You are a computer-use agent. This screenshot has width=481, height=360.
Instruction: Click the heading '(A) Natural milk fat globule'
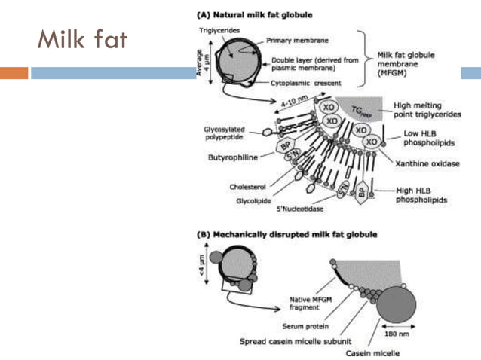pos(255,14)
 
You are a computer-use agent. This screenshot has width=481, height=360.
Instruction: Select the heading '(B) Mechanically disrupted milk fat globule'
pos(286,234)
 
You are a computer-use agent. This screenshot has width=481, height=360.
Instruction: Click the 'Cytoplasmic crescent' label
pos(305,82)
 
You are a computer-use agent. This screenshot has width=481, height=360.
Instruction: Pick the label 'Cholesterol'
pos(247,186)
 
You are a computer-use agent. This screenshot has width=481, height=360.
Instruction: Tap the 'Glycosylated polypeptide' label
pos(224,133)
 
